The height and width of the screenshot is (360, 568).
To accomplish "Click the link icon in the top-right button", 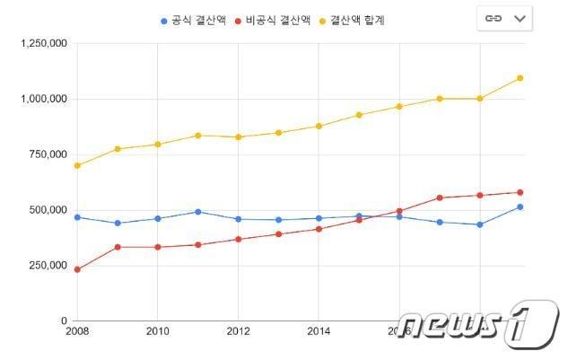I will [x=492, y=18].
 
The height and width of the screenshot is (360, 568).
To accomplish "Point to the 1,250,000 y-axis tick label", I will [x=40, y=43].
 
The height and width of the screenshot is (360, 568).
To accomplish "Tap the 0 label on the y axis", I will [x=63, y=320].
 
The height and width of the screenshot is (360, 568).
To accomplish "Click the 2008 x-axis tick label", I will [x=77, y=330].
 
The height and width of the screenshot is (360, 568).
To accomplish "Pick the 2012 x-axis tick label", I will [x=238, y=330].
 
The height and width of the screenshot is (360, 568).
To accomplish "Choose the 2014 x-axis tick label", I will [x=319, y=330].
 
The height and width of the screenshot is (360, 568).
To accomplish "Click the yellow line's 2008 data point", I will [x=77, y=165].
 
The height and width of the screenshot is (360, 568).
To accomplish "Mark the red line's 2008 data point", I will [x=77, y=269].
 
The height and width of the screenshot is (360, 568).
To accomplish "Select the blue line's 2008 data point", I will [x=77, y=217].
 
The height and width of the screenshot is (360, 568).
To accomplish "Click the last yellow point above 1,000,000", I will [x=520, y=78].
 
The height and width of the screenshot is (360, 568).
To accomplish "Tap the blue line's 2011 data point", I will [x=198, y=212].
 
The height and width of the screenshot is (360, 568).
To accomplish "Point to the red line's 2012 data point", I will [x=238, y=240].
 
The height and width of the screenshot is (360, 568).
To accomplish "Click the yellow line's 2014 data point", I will [x=319, y=127].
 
